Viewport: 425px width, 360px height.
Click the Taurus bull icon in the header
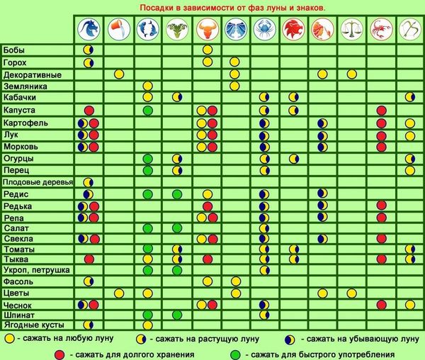(x=206, y=29)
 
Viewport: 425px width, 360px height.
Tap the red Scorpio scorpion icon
(x=380, y=29)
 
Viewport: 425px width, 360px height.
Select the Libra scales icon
(x=351, y=29)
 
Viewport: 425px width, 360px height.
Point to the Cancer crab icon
(x=264, y=29)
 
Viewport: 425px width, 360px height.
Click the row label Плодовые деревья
(x=38, y=182)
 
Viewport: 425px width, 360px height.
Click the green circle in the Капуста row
(x=147, y=111)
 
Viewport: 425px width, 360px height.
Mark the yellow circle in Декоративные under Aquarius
(x=118, y=74)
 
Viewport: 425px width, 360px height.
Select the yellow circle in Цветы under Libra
(x=351, y=293)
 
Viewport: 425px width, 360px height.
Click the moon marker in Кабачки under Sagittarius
(x=409, y=97)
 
